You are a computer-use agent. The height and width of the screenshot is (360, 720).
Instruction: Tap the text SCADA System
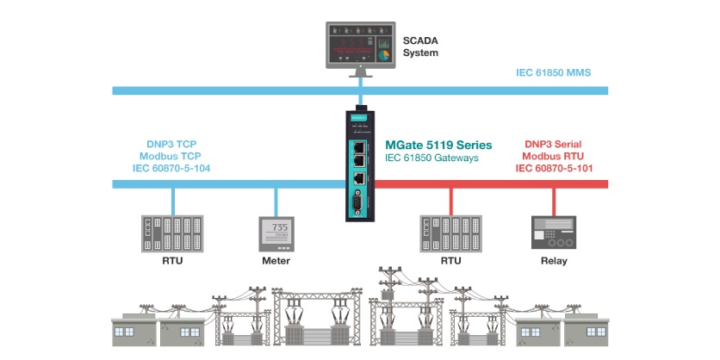tap(421, 47)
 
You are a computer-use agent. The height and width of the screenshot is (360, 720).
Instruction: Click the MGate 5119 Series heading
tap(439, 146)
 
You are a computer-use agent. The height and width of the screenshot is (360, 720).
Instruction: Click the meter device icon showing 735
tap(276, 233)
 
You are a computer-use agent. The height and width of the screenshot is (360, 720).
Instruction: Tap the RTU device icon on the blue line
tap(171, 233)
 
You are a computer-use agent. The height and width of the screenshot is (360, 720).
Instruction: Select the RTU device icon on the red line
tap(450, 233)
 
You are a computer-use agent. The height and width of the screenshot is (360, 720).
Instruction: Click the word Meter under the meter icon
tap(276, 260)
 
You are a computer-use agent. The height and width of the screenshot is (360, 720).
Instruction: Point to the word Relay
tap(553, 260)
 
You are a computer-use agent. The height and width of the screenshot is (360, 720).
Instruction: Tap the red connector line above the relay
tap(553, 202)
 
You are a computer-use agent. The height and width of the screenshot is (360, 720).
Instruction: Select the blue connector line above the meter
tap(276, 202)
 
